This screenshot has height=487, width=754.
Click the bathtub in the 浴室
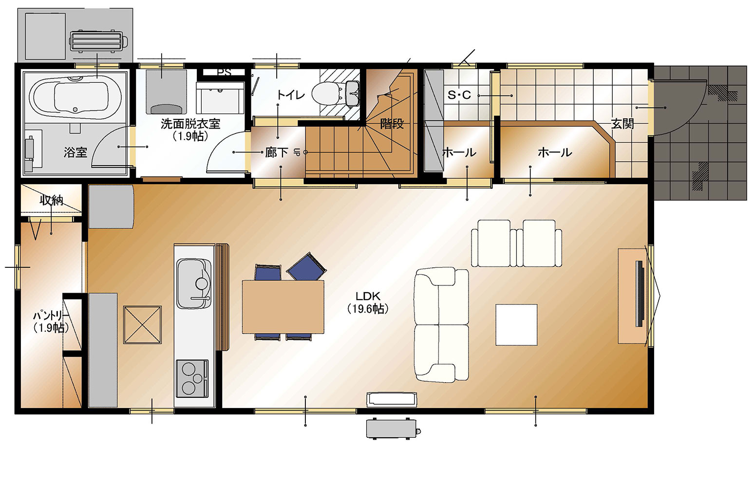(x=75, y=97)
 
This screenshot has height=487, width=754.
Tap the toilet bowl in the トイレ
(x=325, y=94)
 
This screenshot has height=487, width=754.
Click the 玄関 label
(x=622, y=124)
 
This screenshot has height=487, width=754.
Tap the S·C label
(x=459, y=95)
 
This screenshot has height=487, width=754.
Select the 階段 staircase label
(x=392, y=124)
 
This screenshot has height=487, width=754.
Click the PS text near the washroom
(x=224, y=72)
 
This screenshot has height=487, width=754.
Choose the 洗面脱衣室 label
(x=190, y=124)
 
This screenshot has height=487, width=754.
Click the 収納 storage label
(x=52, y=201)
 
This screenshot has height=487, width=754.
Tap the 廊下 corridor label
(x=276, y=153)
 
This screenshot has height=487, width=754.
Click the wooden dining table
(x=283, y=307)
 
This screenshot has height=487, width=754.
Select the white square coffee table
(x=516, y=325)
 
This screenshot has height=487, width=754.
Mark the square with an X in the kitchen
(x=142, y=325)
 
